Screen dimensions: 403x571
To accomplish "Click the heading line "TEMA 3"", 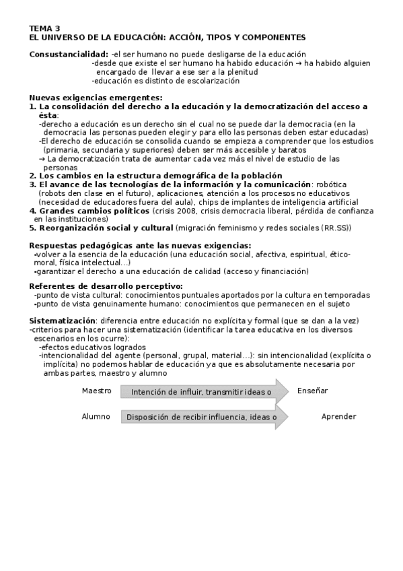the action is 44,29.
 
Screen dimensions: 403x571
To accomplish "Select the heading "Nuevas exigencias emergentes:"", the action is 91,98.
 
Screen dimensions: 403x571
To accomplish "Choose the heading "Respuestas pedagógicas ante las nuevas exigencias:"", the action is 140,246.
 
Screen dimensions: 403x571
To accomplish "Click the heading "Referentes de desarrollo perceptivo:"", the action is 106,286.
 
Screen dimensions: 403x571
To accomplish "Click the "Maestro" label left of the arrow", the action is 96,391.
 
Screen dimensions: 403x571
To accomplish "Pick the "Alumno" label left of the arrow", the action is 96,417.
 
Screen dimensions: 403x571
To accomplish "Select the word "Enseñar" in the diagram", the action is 312,391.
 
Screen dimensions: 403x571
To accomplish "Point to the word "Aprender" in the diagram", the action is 338,417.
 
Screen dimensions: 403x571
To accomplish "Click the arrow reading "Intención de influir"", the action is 202,392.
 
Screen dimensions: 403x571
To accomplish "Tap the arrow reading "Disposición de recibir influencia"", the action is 202,417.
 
